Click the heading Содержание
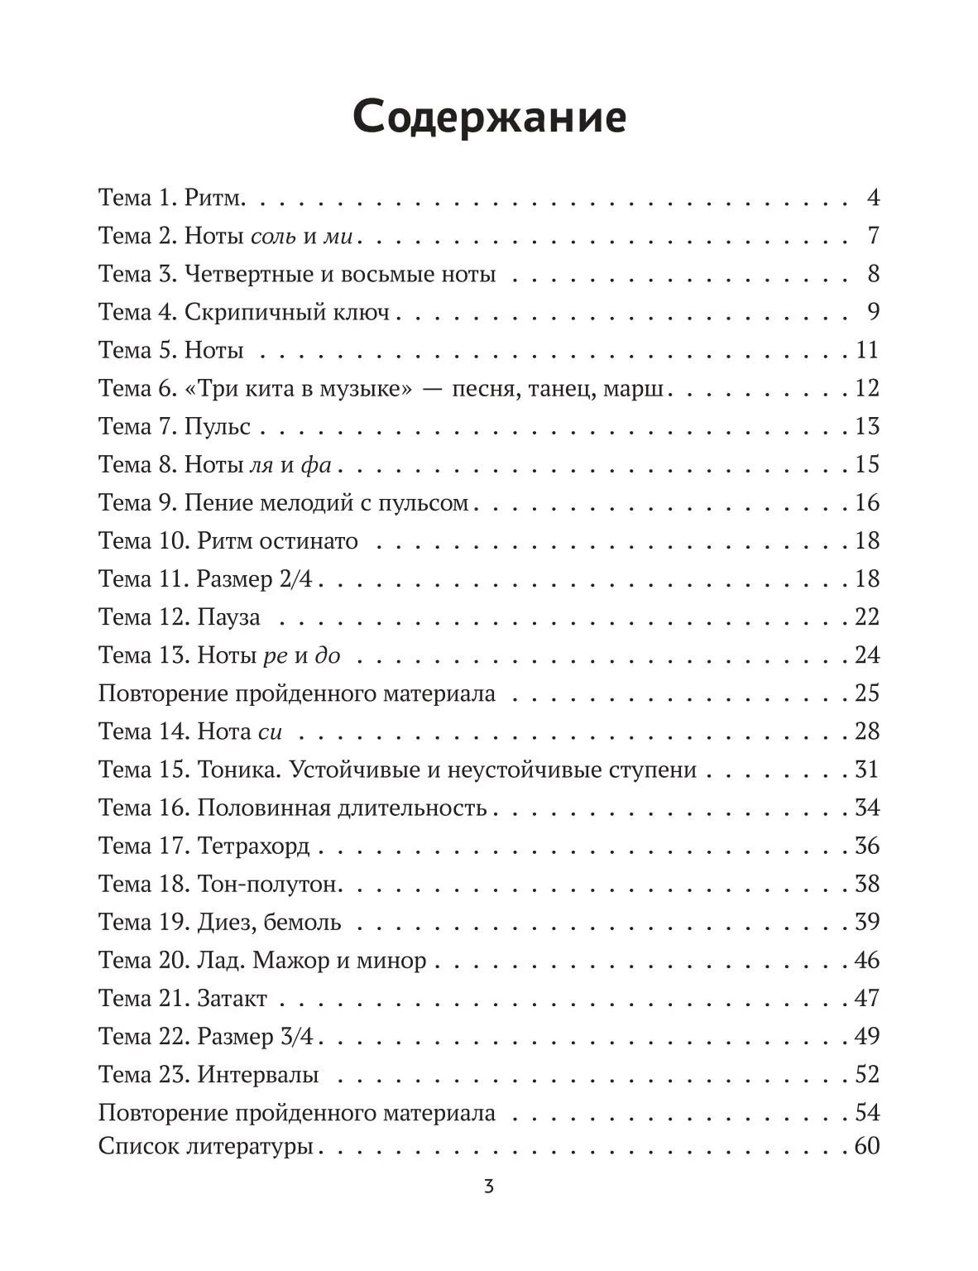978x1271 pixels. tap(489, 118)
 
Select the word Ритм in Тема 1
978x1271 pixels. tap(212, 199)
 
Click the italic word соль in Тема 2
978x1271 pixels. tap(272, 237)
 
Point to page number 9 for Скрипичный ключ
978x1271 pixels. tap(873, 312)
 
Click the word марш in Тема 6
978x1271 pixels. tap(633, 388)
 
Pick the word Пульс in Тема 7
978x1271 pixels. tap(217, 426)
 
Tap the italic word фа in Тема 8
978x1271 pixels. tap(315, 465)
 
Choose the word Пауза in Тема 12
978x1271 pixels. tap(228, 617)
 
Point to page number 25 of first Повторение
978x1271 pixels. tap(866, 693)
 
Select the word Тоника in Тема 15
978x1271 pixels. tap(239, 770)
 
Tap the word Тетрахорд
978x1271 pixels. tap(253, 846)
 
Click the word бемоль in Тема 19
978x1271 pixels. tap(302, 922)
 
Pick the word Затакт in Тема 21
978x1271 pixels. tap(232, 998)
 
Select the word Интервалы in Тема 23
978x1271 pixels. tap(257, 1075)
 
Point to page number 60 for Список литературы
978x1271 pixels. tap(866, 1147)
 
